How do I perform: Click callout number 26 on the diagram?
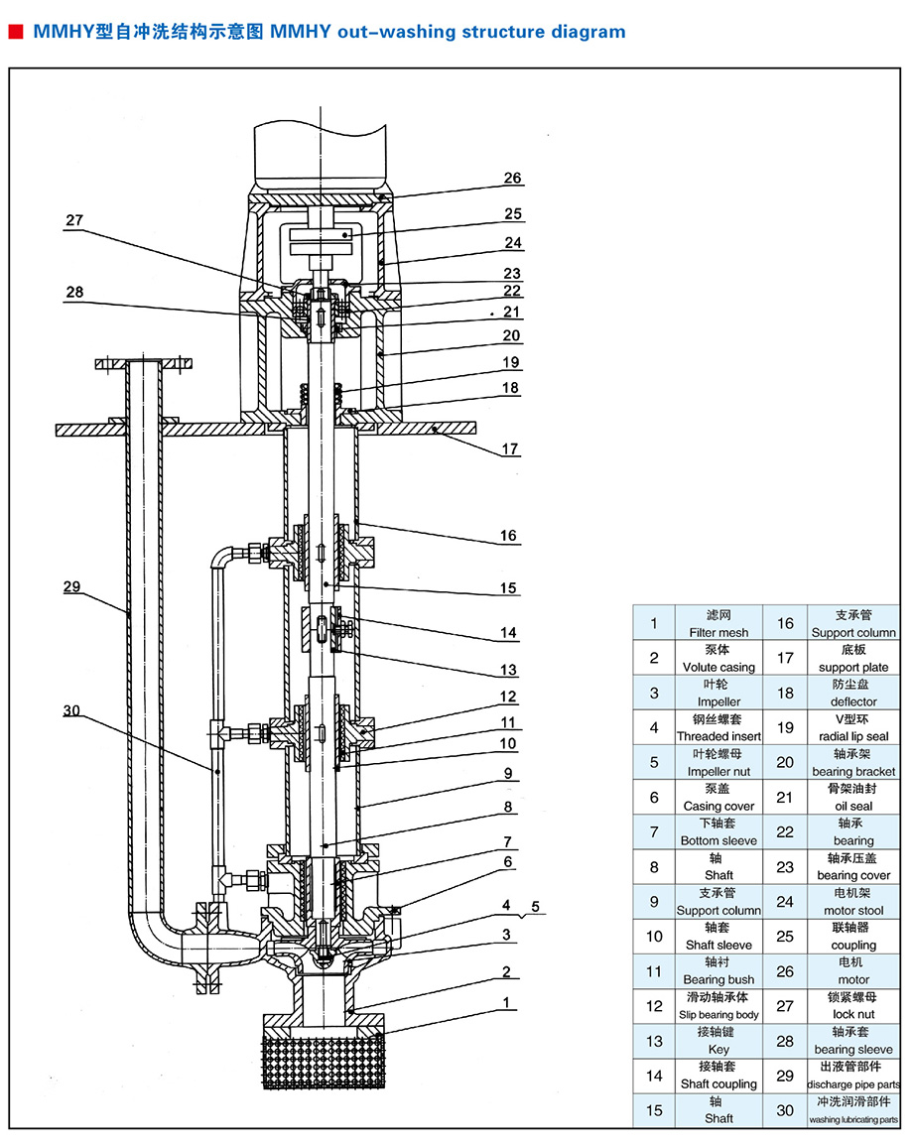[512, 179]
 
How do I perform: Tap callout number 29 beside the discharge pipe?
[71, 586]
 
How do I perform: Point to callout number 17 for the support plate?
[510, 449]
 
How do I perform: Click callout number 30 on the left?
[71, 709]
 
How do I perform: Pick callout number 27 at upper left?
[75, 220]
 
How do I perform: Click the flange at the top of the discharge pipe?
[143, 364]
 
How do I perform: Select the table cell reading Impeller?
[719, 694]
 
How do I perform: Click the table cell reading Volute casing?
[719, 659]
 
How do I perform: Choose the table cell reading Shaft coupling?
[719, 1076]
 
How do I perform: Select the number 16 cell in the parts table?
[785, 623]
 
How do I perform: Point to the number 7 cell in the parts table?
[654, 831]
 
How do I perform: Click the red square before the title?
[16, 32]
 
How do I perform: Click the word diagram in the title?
[590, 32]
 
